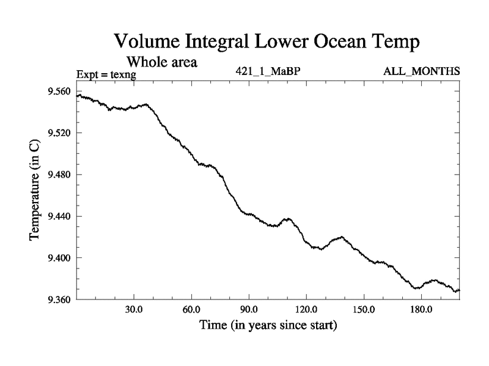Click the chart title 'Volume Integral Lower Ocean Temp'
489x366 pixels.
pos(268,42)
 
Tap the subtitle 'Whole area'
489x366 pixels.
pos(161,62)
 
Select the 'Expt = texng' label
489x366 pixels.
pos(106,74)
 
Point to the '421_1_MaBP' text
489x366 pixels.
pos(268,72)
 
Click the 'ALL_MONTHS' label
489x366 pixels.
pos(422,72)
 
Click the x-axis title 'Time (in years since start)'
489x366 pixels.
pos(268,325)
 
